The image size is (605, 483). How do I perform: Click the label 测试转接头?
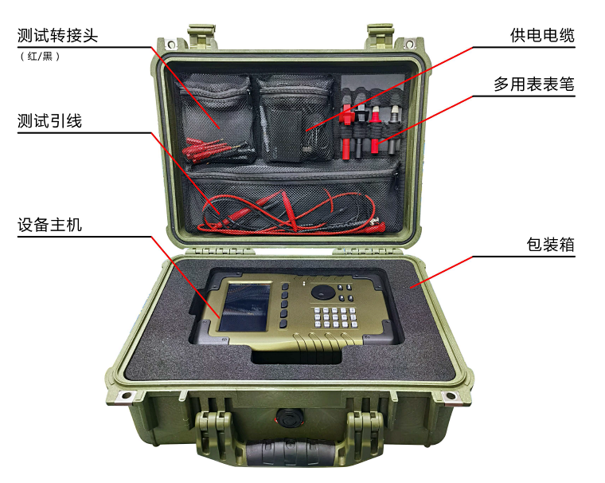pos(57,36)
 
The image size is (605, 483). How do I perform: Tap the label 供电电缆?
pos(542,35)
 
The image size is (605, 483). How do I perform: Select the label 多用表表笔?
pos(534,84)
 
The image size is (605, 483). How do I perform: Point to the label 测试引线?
pos(49,121)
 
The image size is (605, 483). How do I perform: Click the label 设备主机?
pos(49,225)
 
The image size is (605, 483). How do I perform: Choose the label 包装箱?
pos(550,245)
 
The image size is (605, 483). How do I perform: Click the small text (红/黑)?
pos(40,57)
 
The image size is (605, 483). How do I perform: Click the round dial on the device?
pos(323,292)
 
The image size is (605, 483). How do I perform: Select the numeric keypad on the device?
pos(335,317)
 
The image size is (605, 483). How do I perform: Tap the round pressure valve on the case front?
pos(289,418)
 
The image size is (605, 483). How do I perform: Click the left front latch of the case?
pos(214,432)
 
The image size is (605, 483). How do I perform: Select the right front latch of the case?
pos(365,432)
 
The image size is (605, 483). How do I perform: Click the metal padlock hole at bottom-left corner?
pos(126,395)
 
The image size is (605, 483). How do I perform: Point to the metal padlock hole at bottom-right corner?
pos(450,395)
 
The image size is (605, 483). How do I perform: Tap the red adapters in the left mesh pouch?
pos(213,150)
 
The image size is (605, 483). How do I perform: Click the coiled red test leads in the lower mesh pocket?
pos(290,213)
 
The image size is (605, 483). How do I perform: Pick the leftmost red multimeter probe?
pos(346,132)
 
